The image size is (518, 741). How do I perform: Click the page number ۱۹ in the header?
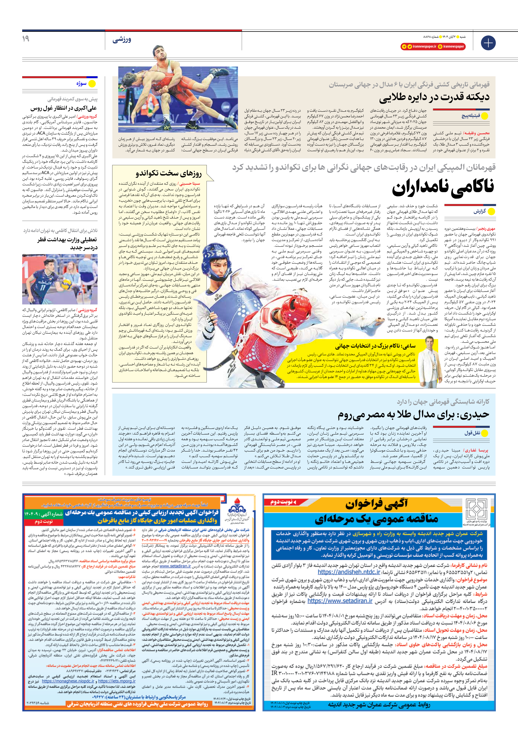[26, 39]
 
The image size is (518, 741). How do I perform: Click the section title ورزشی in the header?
[122, 40]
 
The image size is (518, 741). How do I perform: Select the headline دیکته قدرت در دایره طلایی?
[434, 97]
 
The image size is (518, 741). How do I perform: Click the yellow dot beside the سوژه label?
[92, 84]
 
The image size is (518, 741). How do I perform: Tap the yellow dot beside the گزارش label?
[491, 212]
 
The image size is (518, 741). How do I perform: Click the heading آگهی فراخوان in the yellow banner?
[376, 504]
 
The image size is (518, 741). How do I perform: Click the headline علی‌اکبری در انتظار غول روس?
[63, 108]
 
